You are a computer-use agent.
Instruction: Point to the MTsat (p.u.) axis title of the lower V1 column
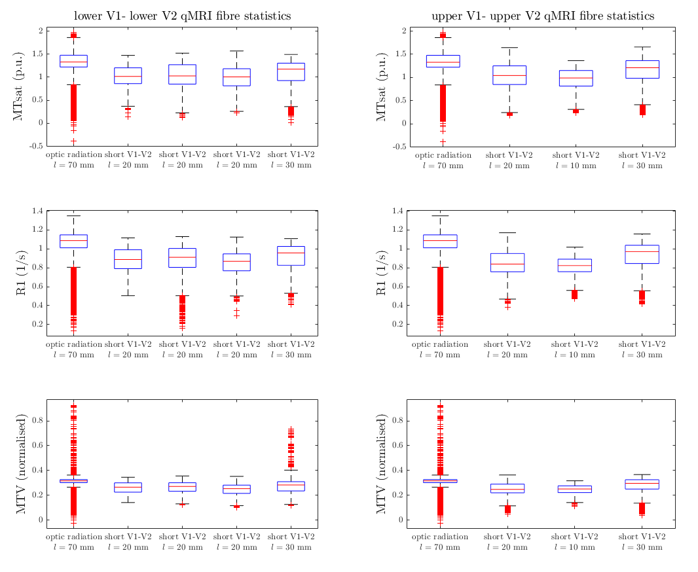18,86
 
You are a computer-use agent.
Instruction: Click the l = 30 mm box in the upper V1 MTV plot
642,484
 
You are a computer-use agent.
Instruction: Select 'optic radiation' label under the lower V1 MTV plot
74,537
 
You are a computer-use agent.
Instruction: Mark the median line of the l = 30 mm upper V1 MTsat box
642,67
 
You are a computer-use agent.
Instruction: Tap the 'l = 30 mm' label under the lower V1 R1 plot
291,355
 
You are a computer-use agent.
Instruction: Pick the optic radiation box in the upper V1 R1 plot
440,241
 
